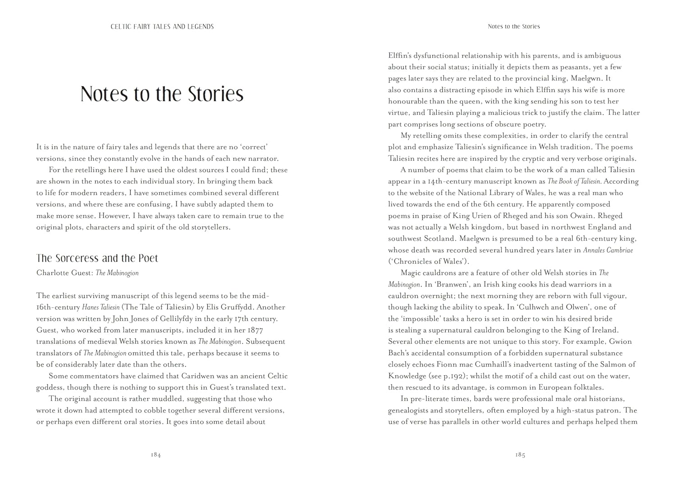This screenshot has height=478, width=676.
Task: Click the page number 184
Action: tap(155, 455)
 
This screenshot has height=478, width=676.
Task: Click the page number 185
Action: tap(520, 455)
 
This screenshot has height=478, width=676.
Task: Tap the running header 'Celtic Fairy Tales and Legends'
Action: tap(162, 27)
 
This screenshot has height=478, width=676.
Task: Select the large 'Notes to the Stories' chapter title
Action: tap(162, 94)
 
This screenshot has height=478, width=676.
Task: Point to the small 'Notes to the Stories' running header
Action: tap(514, 27)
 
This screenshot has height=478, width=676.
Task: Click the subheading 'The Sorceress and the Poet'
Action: tap(97, 258)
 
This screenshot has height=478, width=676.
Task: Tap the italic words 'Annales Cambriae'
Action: tap(608, 250)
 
